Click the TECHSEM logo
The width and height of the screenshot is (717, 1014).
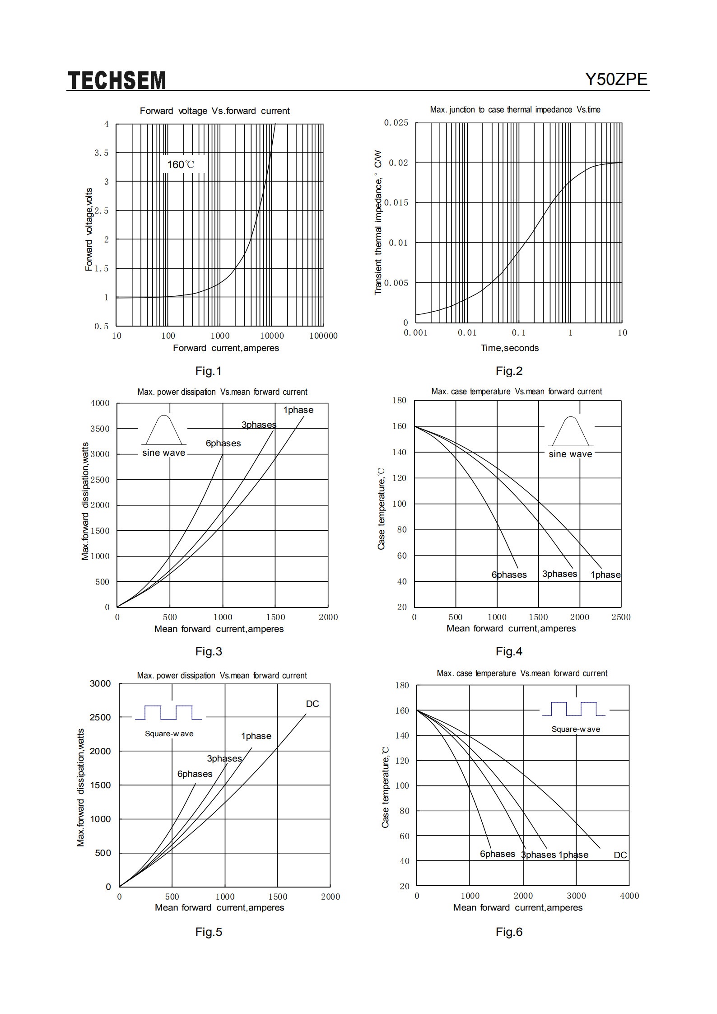tap(117, 80)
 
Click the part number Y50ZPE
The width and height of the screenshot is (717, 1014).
tap(616, 79)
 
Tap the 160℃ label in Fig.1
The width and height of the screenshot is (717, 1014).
tap(181, 164)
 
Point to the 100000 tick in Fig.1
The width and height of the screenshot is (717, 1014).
tap(323, 336)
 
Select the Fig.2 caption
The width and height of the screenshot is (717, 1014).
tap(509, 371)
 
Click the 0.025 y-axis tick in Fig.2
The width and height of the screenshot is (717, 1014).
tap(396, 123)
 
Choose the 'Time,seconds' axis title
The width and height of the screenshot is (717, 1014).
tap(510, 348)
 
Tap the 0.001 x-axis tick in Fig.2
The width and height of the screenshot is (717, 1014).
tap(415, 332)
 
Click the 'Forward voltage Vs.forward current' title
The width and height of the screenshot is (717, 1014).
tap(215, 111)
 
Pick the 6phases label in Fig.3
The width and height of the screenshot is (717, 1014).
tap(223, 443)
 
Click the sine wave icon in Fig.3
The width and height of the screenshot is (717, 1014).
tap(164, 430)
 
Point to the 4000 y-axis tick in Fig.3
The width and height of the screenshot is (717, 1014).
tap(100, 403)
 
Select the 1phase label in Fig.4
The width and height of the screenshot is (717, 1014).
tap(605, 575)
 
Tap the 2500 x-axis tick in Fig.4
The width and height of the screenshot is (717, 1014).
tap(621, 617)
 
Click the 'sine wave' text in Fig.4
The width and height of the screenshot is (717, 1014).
tap(570, 454)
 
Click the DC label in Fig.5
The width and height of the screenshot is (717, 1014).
tap(312, 704)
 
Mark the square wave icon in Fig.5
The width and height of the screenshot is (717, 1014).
tap(168, 712)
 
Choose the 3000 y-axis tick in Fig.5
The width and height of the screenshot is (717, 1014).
tap(100, 683)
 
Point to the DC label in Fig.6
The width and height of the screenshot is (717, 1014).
tap(620, 855)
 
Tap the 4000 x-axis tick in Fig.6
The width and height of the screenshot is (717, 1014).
tap(629, 896)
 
